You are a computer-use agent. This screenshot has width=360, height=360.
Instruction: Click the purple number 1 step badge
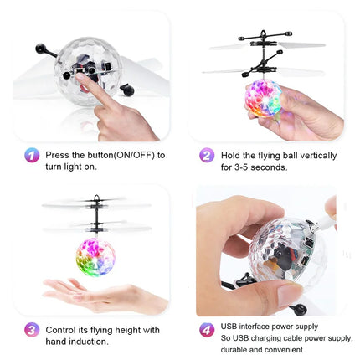tap(31, 156)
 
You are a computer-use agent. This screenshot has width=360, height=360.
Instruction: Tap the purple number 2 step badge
tap(206, 156)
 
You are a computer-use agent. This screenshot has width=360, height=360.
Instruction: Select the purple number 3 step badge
tap(31, 329)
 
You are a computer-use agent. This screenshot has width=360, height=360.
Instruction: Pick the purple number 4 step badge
tap(206, 329)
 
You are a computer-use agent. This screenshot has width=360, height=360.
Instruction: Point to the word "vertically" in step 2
tap(316, 155)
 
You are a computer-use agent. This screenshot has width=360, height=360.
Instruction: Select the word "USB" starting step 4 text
tap(229, 326)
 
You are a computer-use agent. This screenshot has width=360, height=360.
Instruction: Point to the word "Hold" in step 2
tap(231, 155)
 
